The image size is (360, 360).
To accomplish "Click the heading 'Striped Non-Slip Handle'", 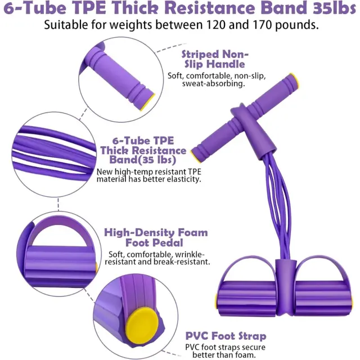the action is (x=214, y=59).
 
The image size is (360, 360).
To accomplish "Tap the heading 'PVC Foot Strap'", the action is (x=226, y=336).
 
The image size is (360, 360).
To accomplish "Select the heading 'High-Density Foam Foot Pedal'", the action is (x=156, y=237).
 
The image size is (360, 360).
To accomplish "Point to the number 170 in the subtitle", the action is (x=262, y=25).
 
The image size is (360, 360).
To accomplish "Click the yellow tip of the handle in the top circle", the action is (x=147, y=102).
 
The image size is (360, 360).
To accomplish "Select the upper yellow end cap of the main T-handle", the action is (x=294, y=80).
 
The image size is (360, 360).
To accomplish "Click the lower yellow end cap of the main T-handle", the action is (x=195, y=156).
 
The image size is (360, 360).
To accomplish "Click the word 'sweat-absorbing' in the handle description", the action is (x=214, y=84).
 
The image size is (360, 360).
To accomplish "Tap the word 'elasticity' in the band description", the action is (x=184, y=179).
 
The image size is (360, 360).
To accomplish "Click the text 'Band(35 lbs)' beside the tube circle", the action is (x=142, y=160).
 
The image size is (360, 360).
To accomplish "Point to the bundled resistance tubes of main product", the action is (x=277, y=206).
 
